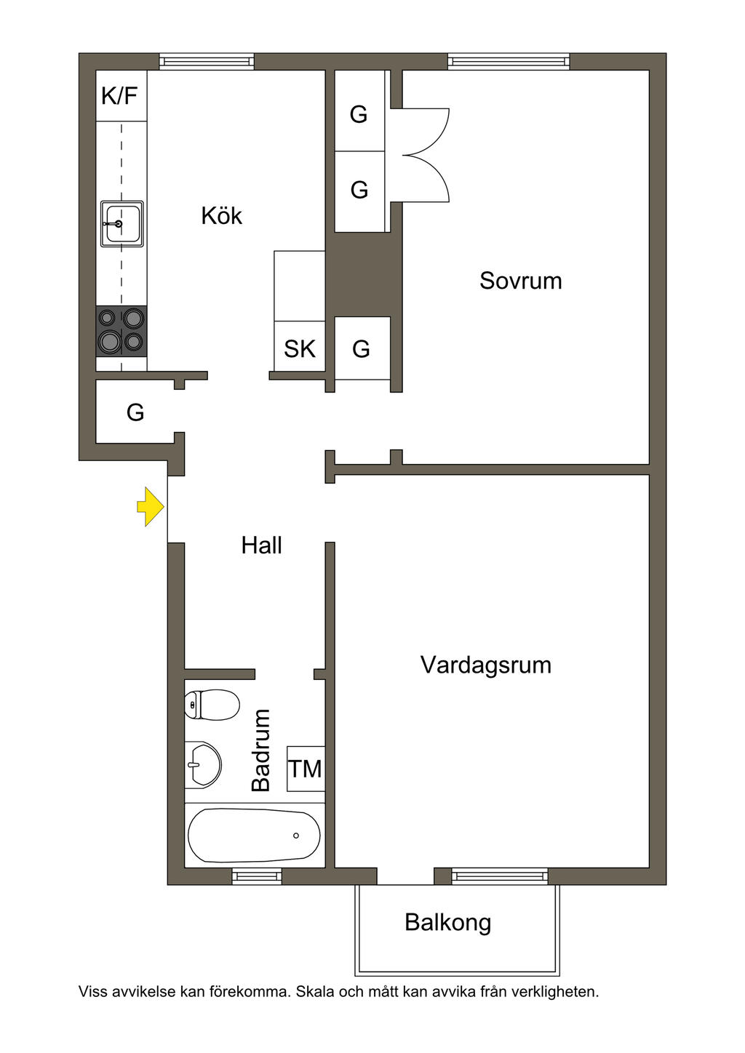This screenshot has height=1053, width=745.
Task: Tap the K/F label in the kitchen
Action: [119, 95]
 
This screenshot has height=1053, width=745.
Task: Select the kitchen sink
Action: [121, 224]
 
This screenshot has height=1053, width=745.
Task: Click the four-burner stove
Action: [121, 330]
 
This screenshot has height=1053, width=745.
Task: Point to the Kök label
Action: [221, 216]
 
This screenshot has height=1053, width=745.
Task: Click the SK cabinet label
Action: [300, 349]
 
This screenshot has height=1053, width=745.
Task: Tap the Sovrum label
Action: [520, 281]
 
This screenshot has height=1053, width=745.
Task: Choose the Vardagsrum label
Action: [485, 665]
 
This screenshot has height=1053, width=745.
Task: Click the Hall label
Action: [261, 545]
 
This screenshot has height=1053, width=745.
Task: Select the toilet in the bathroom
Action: [212, 705]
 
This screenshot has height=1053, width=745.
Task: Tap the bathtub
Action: [254, 836]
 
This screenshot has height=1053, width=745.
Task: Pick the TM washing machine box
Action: [306, 769]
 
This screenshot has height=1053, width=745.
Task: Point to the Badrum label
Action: [260, 750]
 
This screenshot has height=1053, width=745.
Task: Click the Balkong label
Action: [447, 922]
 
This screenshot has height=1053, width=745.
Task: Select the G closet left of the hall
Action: [135, 412]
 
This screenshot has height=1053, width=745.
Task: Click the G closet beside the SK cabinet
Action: [361, 349]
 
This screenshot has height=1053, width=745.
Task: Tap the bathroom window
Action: [257, 876]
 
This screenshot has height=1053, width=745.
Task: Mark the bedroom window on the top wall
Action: [509, 62]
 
